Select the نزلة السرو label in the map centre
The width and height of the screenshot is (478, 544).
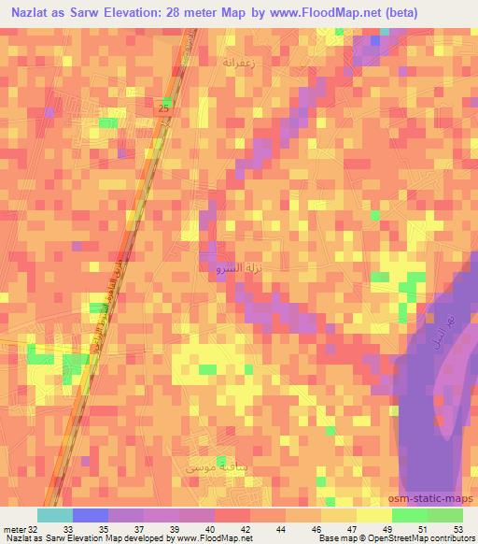pyautogui.click(x=228, y=268)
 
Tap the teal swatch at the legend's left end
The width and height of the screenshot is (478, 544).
pyautogui.click(x=54, y=515)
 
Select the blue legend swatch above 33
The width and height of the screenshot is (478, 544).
pyautogui.click(x=91, y=515)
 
